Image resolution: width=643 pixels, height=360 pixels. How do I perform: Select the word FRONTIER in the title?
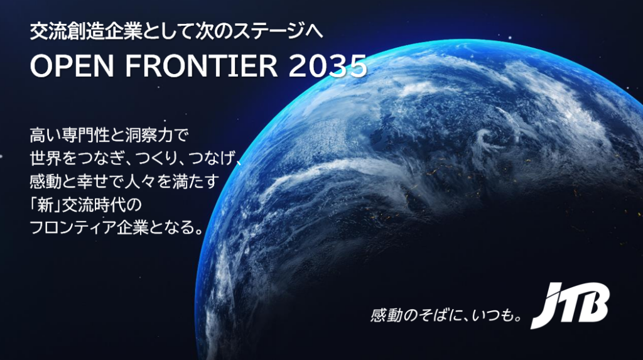(202, 66)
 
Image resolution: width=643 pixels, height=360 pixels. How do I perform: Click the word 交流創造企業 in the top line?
(85, 31)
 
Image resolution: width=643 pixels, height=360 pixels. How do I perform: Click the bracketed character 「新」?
(45, 204)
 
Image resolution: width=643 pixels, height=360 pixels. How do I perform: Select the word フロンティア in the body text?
(73, 227)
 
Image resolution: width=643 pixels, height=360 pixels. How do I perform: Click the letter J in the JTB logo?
(548, 306)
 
